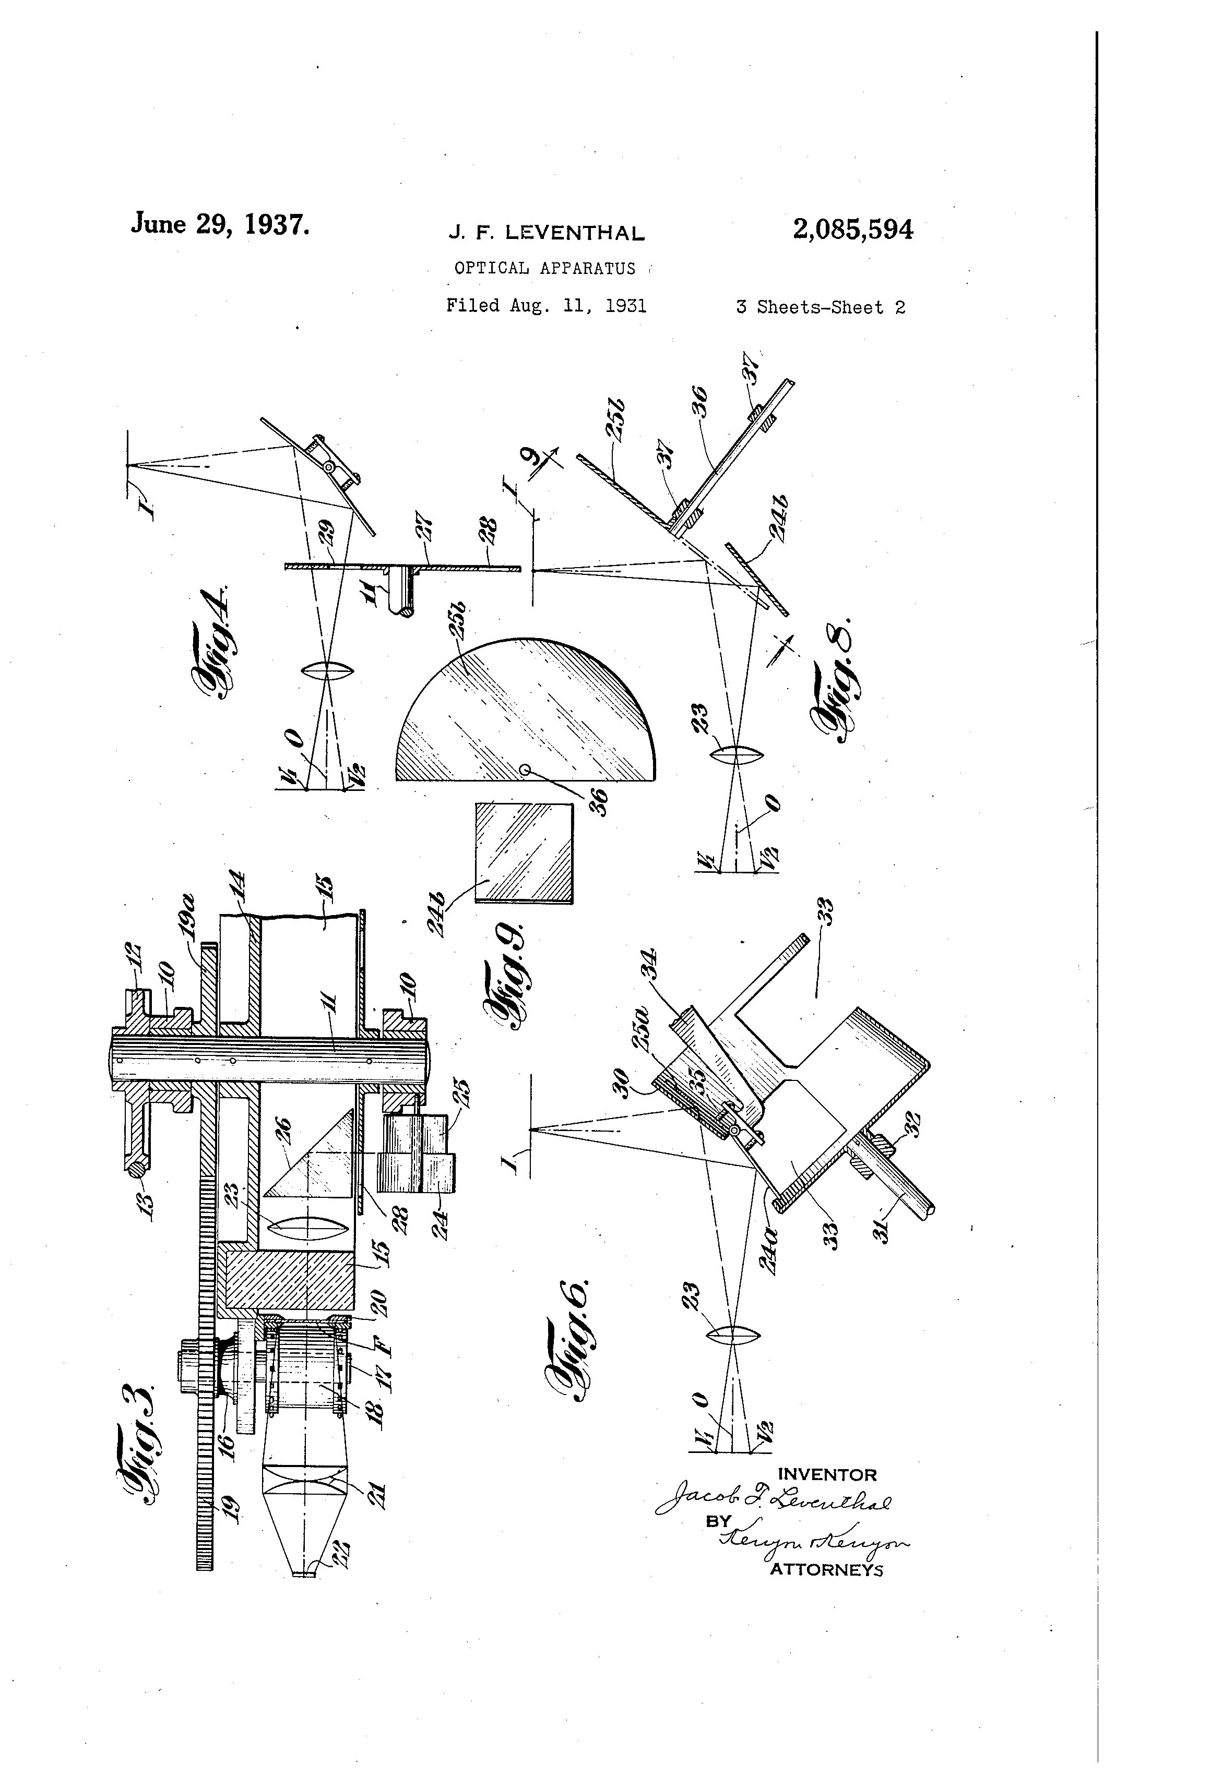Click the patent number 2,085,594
(853, 230)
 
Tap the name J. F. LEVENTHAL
(546, 233)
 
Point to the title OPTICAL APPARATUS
(544, 269)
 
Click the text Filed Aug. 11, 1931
(546, 306)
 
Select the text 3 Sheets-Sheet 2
(820, 308)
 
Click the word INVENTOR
(827, 1474)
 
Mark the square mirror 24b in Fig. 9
(524, 852)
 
